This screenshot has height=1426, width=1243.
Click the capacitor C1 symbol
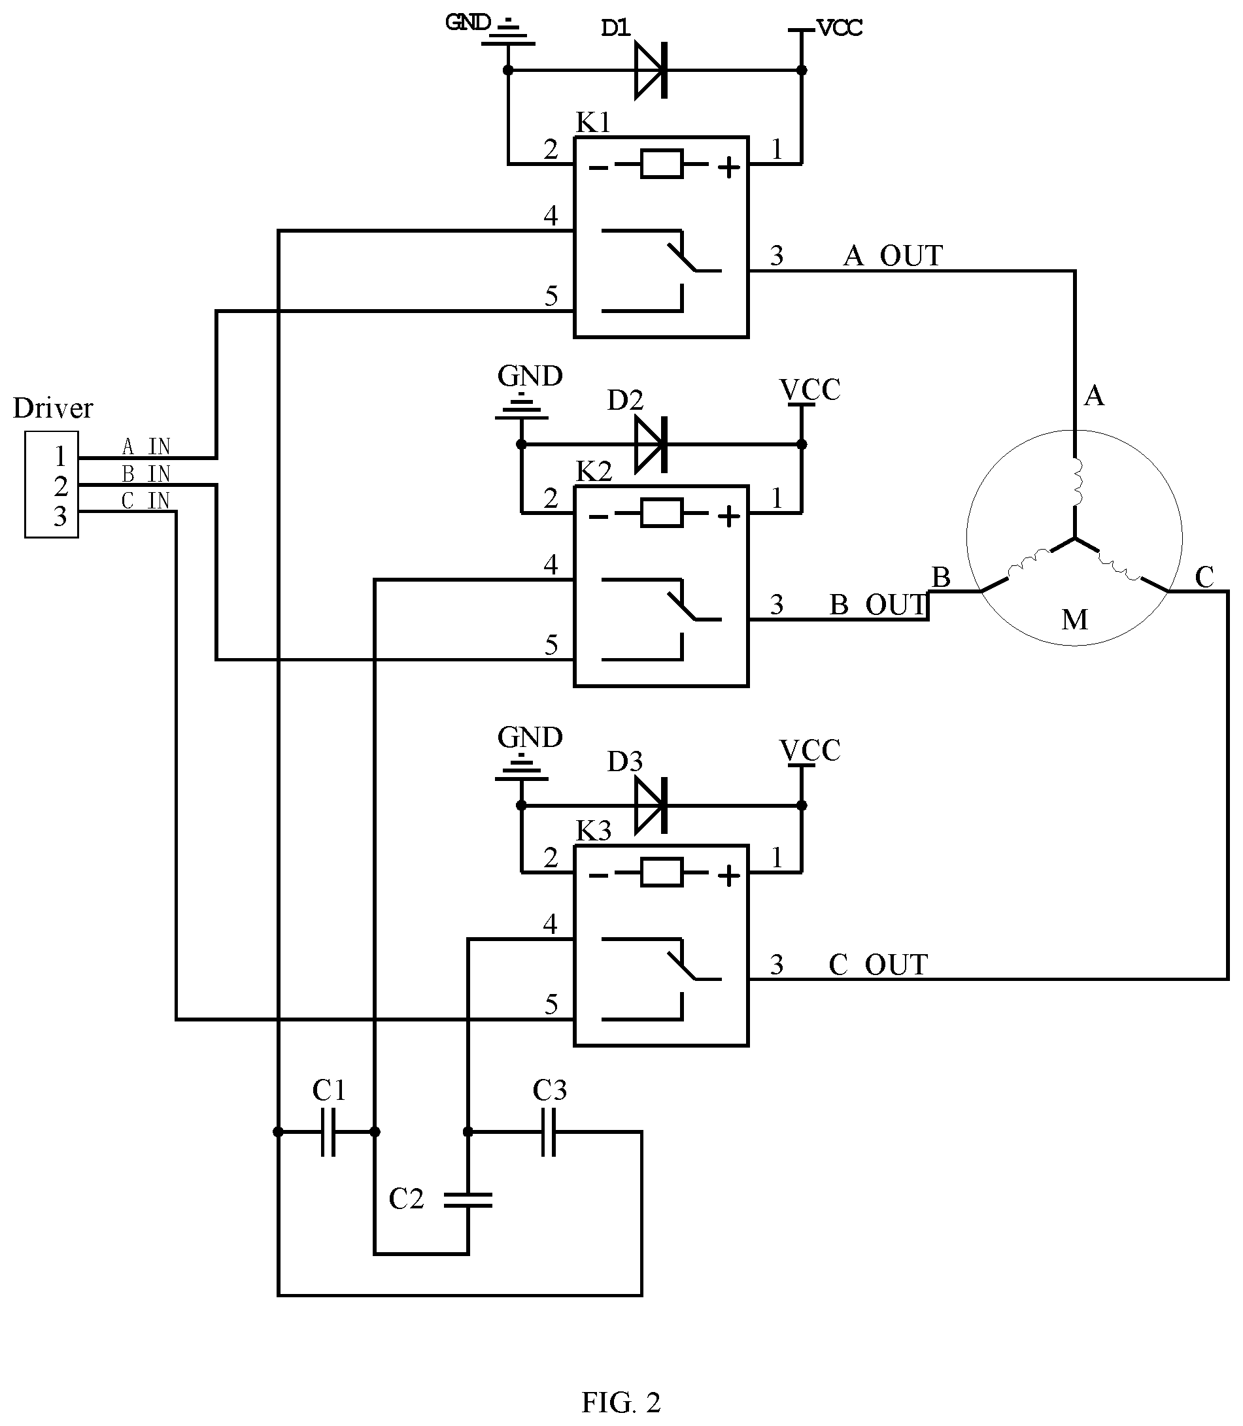tap(328, 1132)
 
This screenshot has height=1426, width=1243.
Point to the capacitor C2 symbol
tap(468, 1200)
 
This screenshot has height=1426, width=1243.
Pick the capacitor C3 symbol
tap(549, 1132)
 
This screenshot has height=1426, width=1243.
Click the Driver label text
tap(53, 408)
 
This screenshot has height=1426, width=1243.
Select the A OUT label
tap(893, 256)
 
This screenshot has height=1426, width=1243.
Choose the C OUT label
tap(878, 965)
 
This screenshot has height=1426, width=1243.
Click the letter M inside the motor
tap(1074, 620)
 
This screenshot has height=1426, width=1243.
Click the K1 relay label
tap(594, 123)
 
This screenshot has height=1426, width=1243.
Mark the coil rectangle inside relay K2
tap(662, 514)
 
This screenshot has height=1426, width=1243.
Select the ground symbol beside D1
tap(509, 33)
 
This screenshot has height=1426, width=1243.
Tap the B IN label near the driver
tap(146, 474)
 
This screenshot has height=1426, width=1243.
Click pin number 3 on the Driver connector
tap(60, 516)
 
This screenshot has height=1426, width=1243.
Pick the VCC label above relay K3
tap(810, 750)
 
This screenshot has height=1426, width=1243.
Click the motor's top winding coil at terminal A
tap(1076, 482)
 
